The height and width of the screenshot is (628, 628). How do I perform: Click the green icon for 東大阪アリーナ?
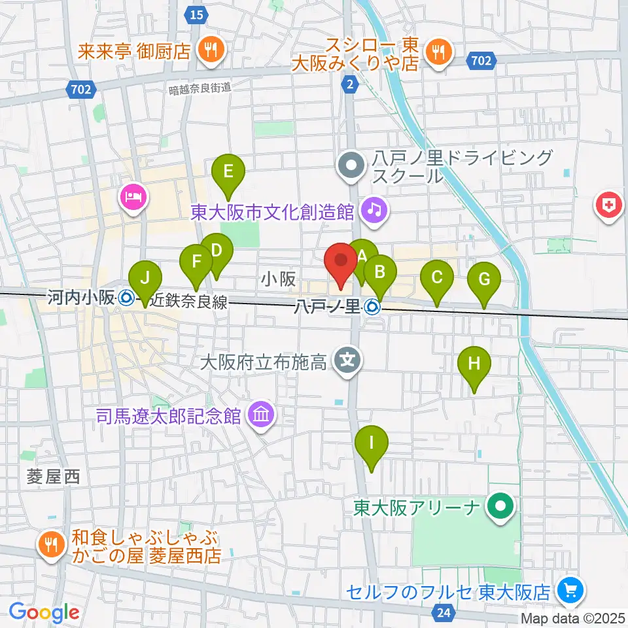[x=501, y=505]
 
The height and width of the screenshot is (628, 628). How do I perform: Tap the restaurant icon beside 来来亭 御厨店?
[x=211, y=50]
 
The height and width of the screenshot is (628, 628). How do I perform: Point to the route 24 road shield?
[x=443, y=613]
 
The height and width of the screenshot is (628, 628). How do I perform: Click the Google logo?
[x=44, y=612]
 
